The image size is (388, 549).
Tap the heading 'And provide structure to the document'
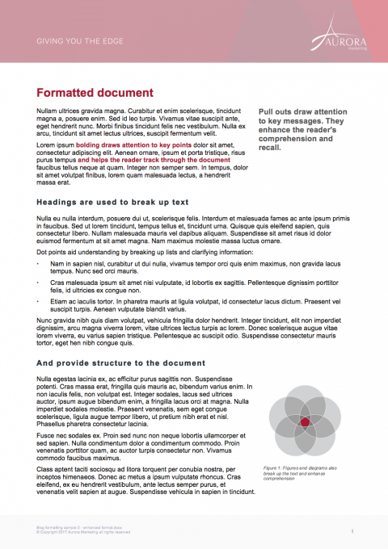click(x=120, y=363)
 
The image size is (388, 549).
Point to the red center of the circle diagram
click(x=304, y=422)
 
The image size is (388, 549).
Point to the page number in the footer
click(x=352, y=530)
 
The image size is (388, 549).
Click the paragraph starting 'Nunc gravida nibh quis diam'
click(x=194, y=334)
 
